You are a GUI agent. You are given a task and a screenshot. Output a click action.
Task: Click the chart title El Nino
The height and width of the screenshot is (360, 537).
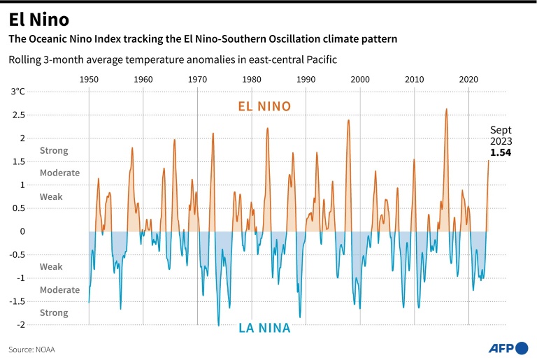pos(39,18)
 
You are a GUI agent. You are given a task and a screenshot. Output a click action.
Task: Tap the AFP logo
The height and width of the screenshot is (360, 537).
pos(509,347)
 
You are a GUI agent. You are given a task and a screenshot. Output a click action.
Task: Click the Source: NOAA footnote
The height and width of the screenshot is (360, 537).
pos(31,349)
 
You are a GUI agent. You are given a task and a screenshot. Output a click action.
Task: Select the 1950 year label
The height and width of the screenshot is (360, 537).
pos(89,80)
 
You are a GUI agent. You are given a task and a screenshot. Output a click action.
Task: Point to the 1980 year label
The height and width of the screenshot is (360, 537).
pos(252,80)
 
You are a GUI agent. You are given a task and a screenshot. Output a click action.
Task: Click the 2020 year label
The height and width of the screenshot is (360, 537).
pos(468,80)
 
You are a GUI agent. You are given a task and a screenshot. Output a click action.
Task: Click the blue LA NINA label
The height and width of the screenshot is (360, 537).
pos(265,326)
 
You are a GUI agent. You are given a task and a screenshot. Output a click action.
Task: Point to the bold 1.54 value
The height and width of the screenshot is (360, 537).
pos(501,152)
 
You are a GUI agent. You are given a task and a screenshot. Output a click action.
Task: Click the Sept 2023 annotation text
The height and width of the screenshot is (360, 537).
pos(501,136)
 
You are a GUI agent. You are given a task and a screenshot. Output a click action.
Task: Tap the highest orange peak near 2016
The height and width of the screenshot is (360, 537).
pos(446,110)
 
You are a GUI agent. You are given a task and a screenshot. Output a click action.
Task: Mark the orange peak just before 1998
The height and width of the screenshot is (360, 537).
pos(348,121)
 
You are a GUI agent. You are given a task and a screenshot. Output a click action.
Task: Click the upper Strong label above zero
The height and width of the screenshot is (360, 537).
pos(54,150)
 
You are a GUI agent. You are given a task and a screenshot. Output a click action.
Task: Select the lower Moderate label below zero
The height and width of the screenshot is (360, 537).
pos(59,290)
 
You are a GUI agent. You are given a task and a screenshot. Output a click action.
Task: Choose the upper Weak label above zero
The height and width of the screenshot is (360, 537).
pos(51,197)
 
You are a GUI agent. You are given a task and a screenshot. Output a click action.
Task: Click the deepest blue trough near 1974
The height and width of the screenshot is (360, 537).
pos(218,325)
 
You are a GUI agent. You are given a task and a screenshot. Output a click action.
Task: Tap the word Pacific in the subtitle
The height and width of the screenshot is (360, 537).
pos(320,60)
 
